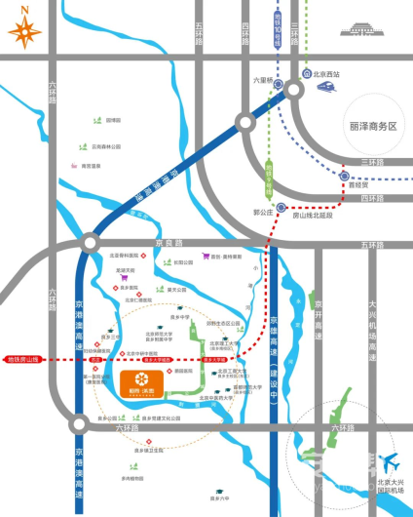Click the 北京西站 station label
tap(324, 73)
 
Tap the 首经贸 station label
tap(361, 182)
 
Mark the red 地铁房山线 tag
tap(21, 360)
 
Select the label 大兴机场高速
tap(372, 322)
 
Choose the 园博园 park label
tap(113, 119)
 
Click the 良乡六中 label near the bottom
tap(206, 497)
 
